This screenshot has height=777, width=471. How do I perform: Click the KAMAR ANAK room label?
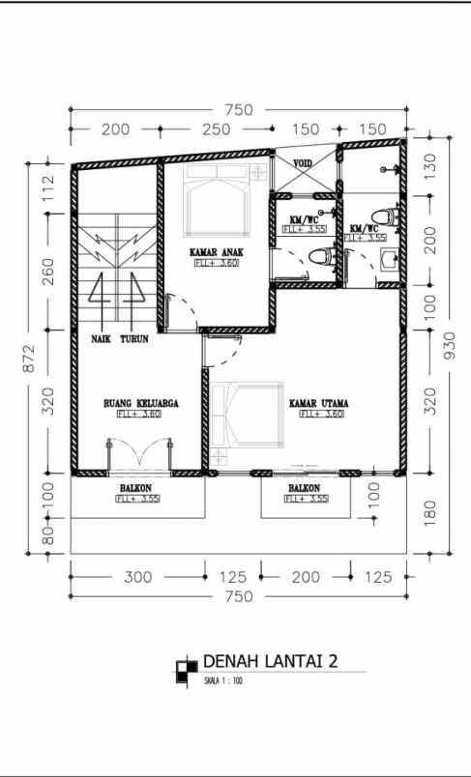216,253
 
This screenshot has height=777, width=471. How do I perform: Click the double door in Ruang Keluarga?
137,453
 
